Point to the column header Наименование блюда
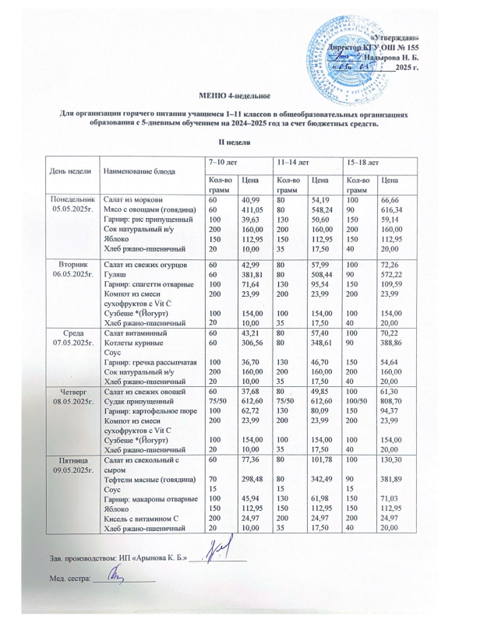(139, 169)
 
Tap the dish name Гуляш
(116, 275)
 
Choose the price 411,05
(252, 210)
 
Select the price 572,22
(393, 275)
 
